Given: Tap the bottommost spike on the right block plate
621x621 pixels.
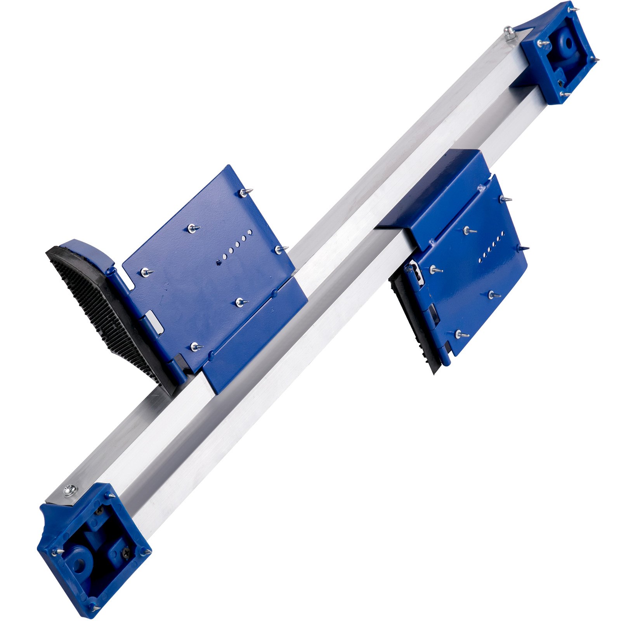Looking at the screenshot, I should tap(462, 334).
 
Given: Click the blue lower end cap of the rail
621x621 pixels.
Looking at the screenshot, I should tap(93, 551).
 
